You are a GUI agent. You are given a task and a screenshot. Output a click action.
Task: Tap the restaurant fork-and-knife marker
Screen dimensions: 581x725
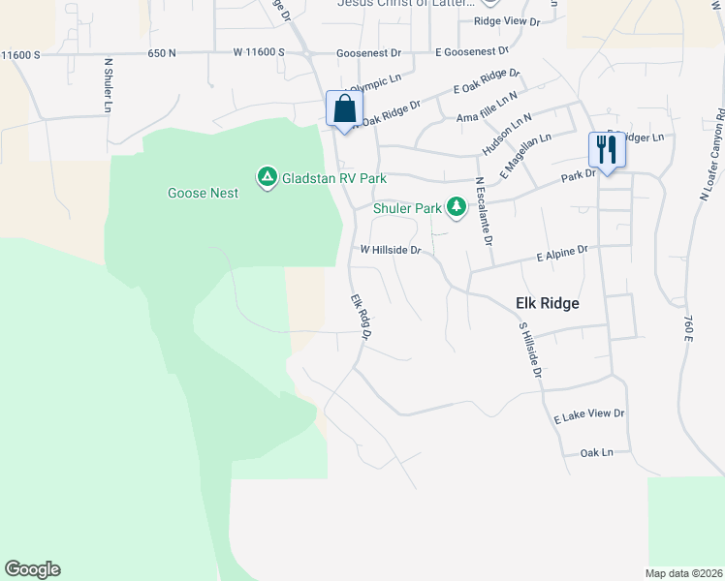[x=607, y=150]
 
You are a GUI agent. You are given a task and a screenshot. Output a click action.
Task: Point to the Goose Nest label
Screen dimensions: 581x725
[x=203, y=193]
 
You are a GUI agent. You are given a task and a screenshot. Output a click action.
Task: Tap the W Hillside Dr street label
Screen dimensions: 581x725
[x=390, y=250]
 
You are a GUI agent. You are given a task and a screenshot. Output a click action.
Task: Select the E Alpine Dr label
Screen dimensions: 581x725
[x=562, y=254]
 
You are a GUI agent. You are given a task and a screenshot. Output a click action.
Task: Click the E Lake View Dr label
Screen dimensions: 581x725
[x=589, y=414]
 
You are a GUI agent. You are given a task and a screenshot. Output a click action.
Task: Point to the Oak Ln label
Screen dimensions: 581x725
[x=596, y=452]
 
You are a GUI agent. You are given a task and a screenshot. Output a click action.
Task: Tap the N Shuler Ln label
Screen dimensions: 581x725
[x=108, y=86]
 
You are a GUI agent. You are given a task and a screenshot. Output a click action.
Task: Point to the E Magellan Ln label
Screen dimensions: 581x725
[x=526, y=155]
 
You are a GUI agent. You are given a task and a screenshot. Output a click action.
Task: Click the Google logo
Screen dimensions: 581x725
[x=32, y=569]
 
